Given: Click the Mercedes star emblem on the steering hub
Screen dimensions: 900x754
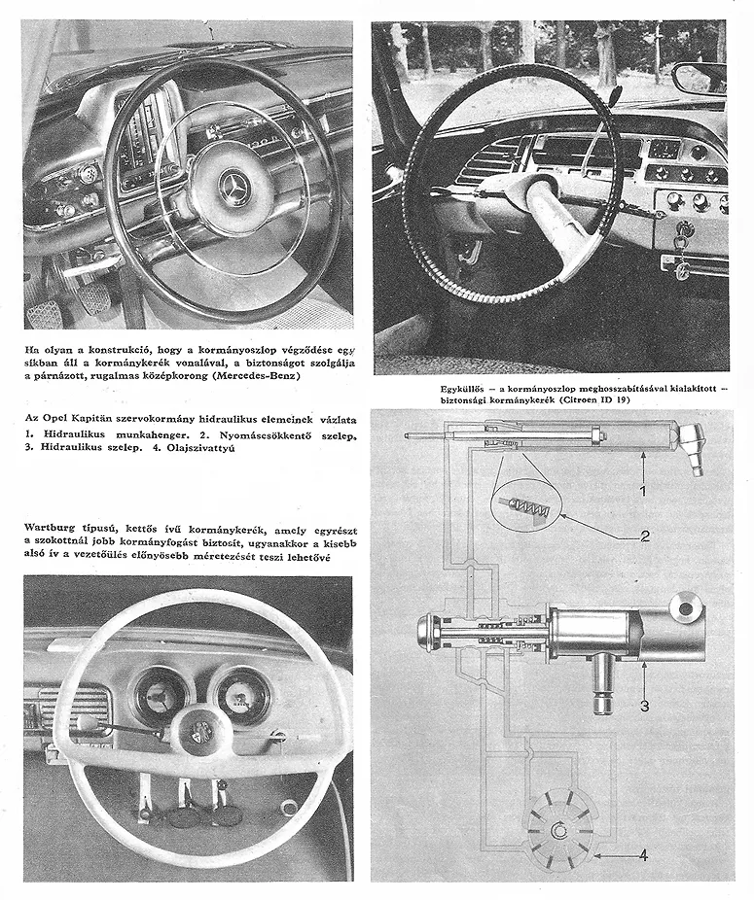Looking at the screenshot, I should pyautogui.click(x=234, y=186).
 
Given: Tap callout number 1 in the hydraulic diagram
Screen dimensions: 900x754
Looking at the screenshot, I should pyautogui.click(x=642, y=490).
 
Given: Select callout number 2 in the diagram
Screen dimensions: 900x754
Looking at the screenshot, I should pyautogui.click(x=644, y=535).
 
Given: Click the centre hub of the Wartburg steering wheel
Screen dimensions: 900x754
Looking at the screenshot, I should pyautogui.click(x=202, y=729).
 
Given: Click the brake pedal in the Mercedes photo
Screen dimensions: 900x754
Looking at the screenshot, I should pyautogui.click(x=94, y=298).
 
